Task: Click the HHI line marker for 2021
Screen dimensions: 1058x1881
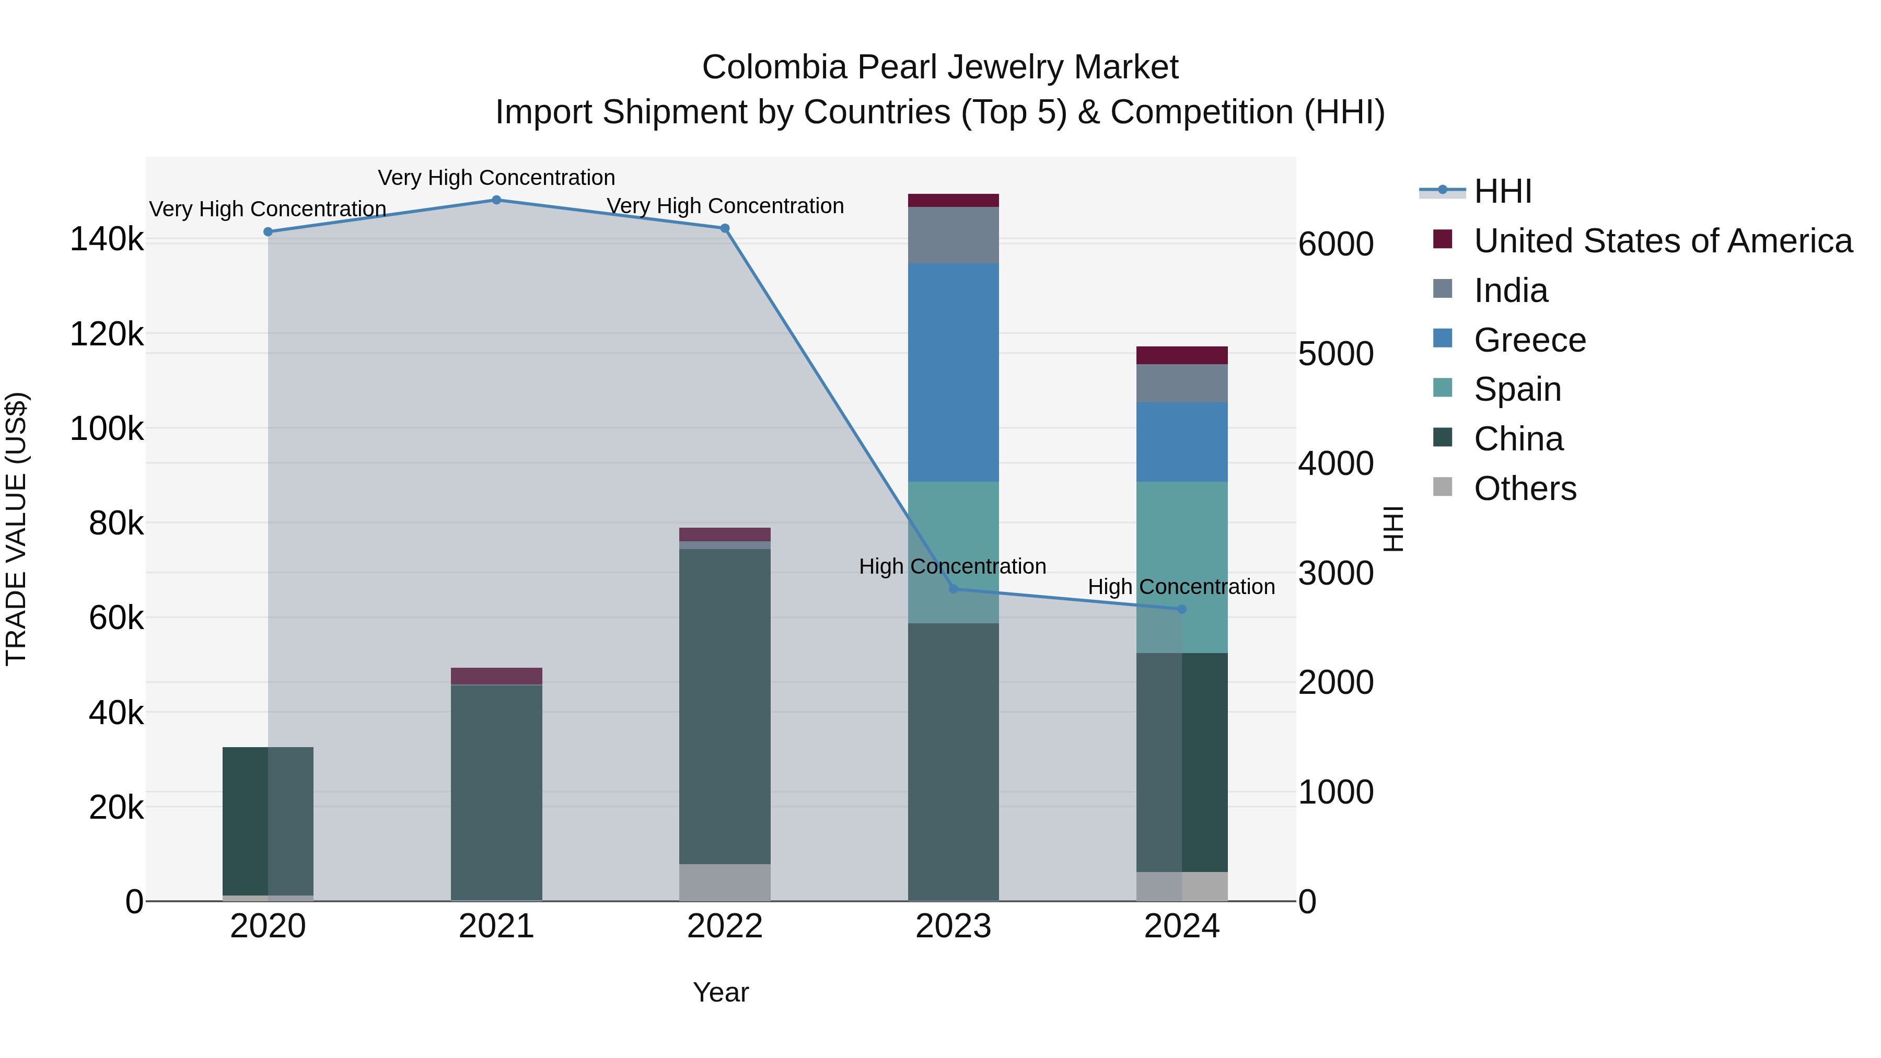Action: [496, 200]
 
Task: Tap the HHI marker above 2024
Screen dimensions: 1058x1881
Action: [1182, 609]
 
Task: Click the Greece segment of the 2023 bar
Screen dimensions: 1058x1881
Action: [953, 373]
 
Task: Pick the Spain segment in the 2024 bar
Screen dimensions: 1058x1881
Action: [1182, 567]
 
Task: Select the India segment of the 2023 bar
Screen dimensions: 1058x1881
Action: [953, 235]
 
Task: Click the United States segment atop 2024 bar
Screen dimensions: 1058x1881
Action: [1182, 356]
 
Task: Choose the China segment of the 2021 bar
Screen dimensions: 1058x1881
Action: [496, 792]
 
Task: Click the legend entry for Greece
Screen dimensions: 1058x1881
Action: [1530, 340]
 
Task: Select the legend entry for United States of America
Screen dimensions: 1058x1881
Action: [1663, 241]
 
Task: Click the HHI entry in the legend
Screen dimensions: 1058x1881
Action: [1502, 191]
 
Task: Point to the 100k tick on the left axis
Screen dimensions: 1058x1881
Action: [107, 428]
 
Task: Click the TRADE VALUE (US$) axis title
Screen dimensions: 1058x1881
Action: [16, 529]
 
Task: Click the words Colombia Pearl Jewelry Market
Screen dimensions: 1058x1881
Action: [940, 67]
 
